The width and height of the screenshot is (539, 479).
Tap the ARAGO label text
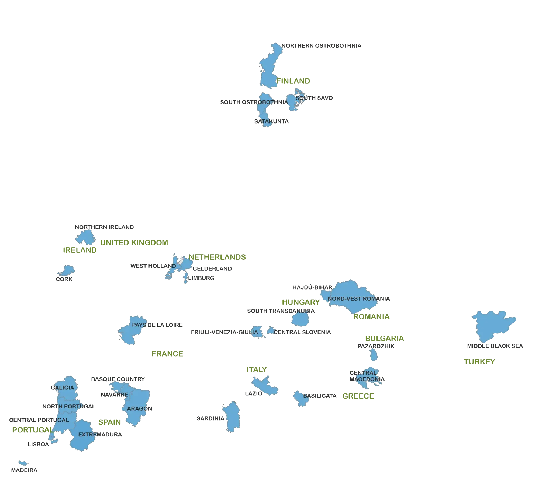(x=137, y=408)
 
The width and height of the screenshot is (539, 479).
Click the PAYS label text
(x=139, y=325)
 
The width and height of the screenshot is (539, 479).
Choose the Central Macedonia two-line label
(x=365, y=376)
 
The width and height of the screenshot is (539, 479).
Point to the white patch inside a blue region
(x=180, y=260)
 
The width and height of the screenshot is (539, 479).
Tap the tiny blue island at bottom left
(x=22, y=463)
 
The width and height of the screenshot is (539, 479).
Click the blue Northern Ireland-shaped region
(x=85, y=237)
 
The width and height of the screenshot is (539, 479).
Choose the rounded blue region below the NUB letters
(x=300, y=320)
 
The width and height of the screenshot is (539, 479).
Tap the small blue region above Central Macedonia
(x=373, y=354)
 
